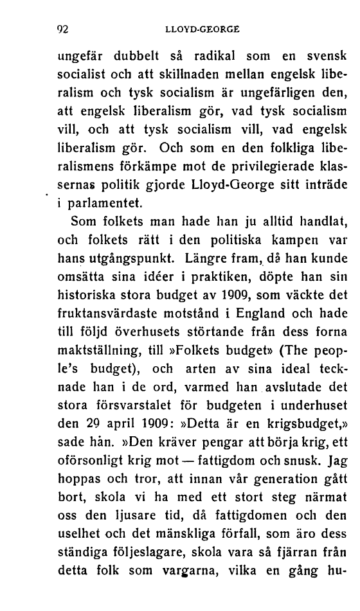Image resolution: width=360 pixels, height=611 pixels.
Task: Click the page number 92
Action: coord(63,29)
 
